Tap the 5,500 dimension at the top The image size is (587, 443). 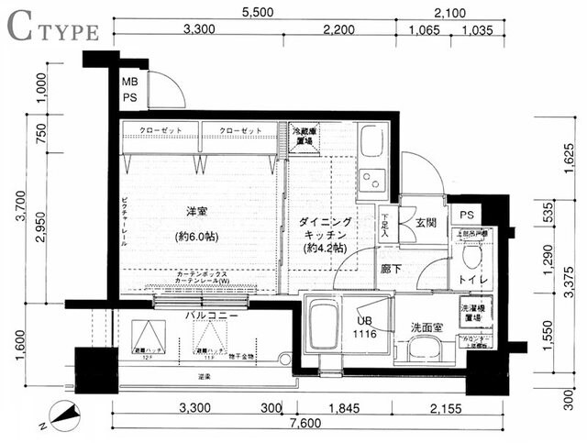point(260,13)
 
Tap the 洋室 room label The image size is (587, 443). point(195,212)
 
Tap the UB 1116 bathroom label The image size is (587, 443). point(365,327)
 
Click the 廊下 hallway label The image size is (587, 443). point(393,271)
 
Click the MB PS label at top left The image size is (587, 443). point(131,88)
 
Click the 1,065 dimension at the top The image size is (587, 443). point(424,30)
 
